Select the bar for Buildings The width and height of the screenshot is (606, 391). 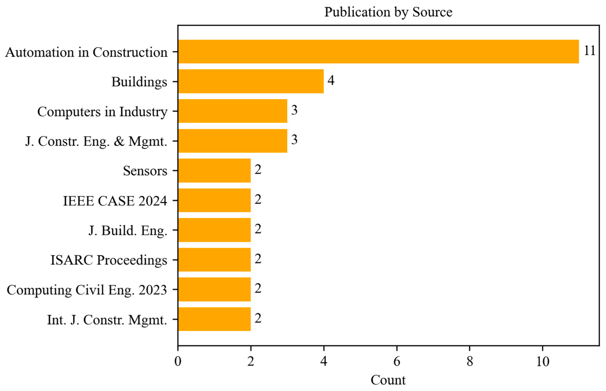click(x=251, y=81)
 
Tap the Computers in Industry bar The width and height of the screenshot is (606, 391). click(x=232, y=111)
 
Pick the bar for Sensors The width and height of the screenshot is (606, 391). click(x=214, y=170)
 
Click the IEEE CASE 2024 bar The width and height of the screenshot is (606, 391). click(x=214, y=200)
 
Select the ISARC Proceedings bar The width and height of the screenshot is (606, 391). click(x=214, y=260)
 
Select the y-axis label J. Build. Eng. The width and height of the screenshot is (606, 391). click(x=128, y=231)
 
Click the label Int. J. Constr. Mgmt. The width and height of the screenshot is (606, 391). click(x=107, y=320)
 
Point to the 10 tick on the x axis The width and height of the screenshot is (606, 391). click(x=542, y=361)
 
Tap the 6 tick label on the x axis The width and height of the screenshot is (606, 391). click(x=397, y=361)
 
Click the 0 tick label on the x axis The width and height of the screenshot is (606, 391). click(x=178, y=361)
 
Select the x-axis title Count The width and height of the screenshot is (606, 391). click(x=388, y=380)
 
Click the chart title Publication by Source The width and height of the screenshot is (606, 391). click(x=388, y=12)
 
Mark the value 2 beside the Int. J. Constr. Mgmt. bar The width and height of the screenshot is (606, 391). click(x=258, y=318)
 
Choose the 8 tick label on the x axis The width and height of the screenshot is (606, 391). click(x=470, y=361)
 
